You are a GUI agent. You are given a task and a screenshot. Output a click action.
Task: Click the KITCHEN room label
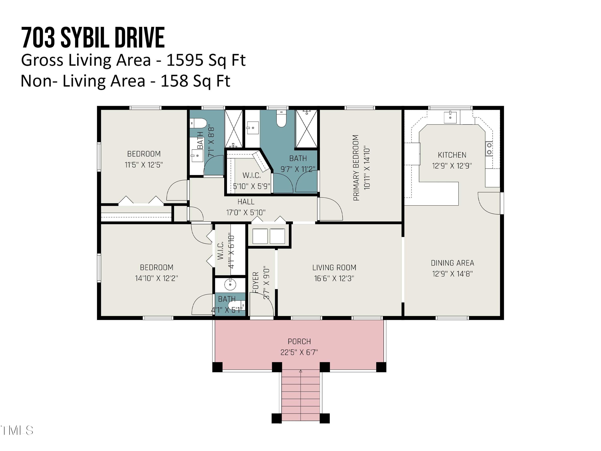point(452,155)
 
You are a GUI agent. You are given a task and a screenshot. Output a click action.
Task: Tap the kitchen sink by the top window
point(450,117)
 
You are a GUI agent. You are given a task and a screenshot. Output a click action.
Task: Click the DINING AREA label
point(452,263)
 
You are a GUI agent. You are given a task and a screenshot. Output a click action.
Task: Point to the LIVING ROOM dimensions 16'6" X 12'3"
point(334,278)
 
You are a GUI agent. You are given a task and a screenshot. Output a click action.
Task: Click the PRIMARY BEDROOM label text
point(356,168)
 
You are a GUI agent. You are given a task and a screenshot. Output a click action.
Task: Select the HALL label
point(246,202)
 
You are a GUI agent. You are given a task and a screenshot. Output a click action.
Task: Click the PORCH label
point(299,341)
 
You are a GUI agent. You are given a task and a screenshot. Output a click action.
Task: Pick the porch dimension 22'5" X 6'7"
point(299,352)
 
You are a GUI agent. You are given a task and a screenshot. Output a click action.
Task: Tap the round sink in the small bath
point(230,284)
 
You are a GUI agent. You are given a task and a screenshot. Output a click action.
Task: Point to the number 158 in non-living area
point(174,81)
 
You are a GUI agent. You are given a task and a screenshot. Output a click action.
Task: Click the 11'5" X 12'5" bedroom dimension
point(144,165)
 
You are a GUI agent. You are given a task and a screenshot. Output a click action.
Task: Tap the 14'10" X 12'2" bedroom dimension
point(156,278)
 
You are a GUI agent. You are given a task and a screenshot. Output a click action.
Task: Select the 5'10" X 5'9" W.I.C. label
point(252,186)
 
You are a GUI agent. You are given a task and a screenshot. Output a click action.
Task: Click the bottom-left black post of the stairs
point(277,418)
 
